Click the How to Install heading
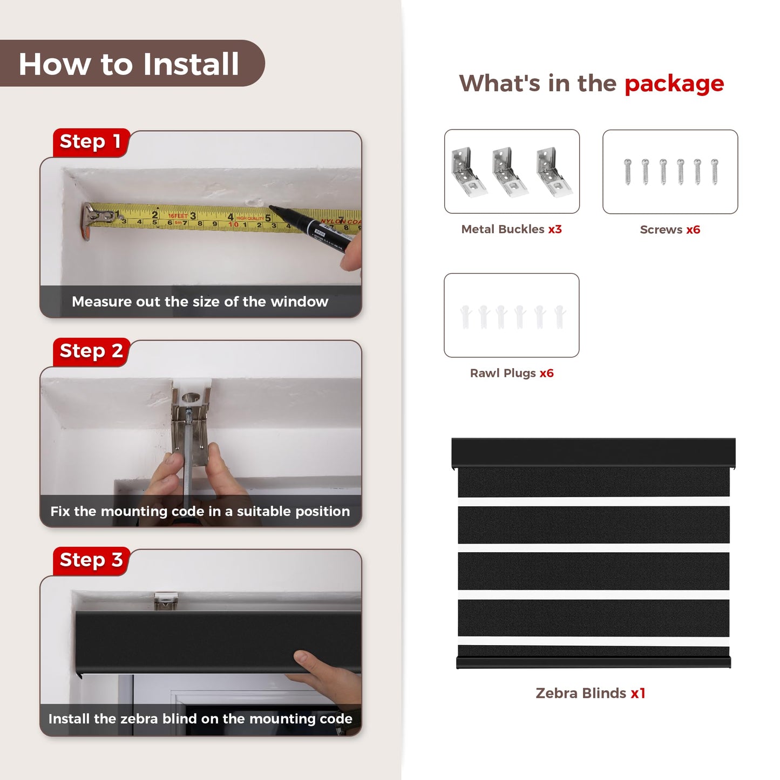pyautogui.click(x=128, y=64)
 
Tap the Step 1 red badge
pyautogui.click(x=91, y=143)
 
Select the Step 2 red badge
pyautogui.click(x=91, y=352)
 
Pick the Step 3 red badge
pyautogui.click(x=91, y=561)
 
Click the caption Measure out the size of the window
pyautogui.click(x=200, y=302)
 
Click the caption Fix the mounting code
pyautogui.click(x=200, y=511)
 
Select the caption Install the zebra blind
pyautogui.click(x=200, y=719)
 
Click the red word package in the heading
pyautogui.click(x=674, y=84)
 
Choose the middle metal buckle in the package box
pyautogui.click(x=510, y=172)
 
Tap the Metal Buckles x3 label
pyautogui.click(x=511, y=229)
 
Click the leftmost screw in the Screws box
pyautogui.click(x=627, y=172)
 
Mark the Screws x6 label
pyautogui.click(x=670, y=229)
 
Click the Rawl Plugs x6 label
pyautogui.click(x=512, y=373)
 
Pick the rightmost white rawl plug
pyautogui.click(x=560, y=316)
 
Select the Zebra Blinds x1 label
pyautogui.click(x=590, y=693)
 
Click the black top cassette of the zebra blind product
pyautogui.click(x=593, y=452)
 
